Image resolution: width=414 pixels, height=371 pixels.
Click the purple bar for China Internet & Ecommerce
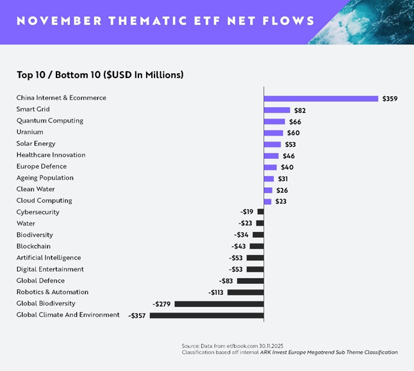(x=321, y=98)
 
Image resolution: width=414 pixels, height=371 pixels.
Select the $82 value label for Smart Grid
(x=300, y=110)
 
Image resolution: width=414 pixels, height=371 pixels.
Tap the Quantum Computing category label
(x=50, y=121)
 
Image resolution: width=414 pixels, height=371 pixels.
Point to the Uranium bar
(x=273, y=133)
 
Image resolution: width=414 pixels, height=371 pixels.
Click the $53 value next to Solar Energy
(x=290, y=144)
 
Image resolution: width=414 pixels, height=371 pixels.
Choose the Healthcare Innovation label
(x=51, y=155)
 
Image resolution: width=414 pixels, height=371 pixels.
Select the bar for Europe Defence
(x=270, y=167)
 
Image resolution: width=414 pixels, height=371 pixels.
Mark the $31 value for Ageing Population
(x=283, y=178)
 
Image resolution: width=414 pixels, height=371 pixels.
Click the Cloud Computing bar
(x=268, y=201)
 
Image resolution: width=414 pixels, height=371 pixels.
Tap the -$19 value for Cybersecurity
(x=247, y=212)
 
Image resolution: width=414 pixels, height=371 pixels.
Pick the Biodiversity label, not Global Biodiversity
(x=35, y=235)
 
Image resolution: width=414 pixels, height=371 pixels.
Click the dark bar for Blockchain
(x=256, y=246)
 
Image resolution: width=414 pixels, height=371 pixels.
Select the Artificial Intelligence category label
(x=49, y=258)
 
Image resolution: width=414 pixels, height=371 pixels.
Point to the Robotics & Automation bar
(x=245, y=292)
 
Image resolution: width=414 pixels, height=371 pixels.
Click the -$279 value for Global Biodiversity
(x=161, y=304)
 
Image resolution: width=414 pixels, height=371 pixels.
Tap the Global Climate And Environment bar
(x=206, y=315)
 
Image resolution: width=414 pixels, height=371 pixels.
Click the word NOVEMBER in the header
(x=54, y=21)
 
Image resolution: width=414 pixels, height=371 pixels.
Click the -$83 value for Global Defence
(x=226, y=281)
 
